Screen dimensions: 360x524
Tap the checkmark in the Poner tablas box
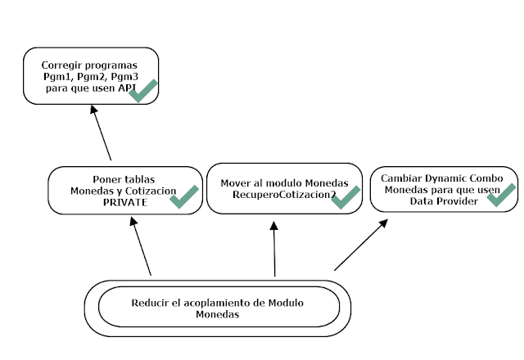point(183,196)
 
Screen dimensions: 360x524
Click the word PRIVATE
point(124,203)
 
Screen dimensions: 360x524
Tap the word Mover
point(235,182)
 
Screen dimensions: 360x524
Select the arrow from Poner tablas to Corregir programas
point(102,135)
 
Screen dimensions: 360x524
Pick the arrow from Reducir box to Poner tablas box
point(140,245)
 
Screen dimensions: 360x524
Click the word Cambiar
point(400,178)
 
